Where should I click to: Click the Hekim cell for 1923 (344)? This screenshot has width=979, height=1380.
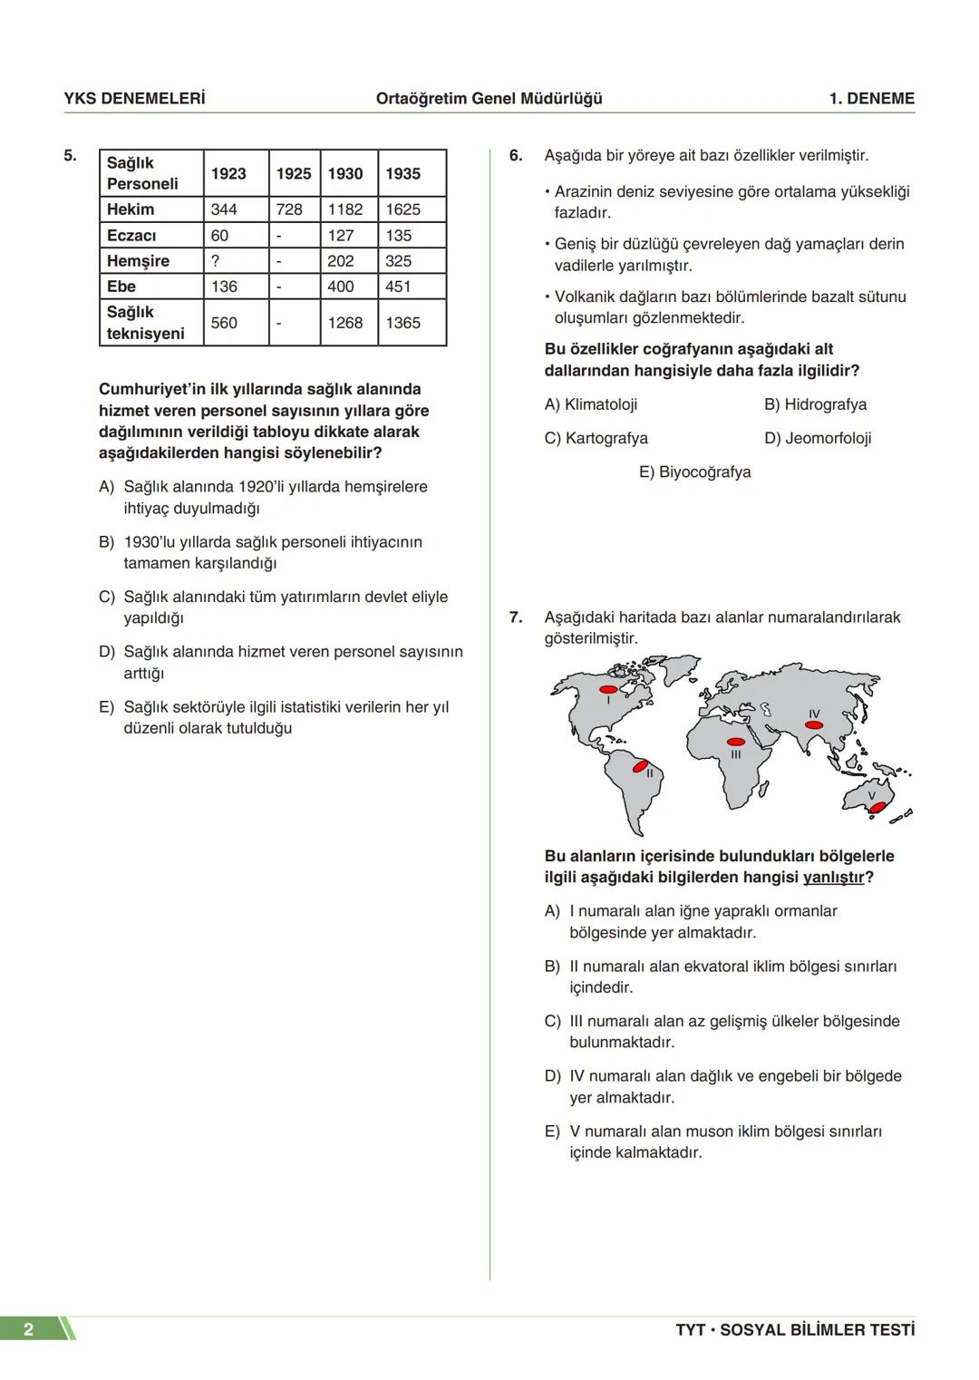[x=224, y=209]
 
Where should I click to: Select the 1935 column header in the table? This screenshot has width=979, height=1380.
[x=402, y=173]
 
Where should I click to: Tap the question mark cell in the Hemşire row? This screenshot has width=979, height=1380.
[x=216, y=261]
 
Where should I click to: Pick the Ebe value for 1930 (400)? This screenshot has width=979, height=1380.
[x=341, y=287]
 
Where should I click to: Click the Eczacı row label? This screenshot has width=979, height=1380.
[x=131, y=236]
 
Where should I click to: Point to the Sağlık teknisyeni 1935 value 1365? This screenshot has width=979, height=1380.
[x=402, y=323]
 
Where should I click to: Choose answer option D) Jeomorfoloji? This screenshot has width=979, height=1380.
[x=818, y=439]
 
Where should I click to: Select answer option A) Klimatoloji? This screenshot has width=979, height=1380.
[x=591, y=404]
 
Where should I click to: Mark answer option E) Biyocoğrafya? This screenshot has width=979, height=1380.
[x=694, y=472]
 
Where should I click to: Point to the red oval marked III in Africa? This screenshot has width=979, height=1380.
[x=736, y=742]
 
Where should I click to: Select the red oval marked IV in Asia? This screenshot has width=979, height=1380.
[x=814, y=724]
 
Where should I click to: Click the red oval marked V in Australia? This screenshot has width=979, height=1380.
[x=877, y=807]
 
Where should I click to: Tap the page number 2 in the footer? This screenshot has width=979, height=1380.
[x=28, y=1329]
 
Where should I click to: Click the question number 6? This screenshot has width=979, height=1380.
[x=516, y=156]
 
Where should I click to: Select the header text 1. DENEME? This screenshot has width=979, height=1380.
[x=871, y=99]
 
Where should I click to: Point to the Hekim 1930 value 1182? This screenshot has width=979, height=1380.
[x=345, y=209]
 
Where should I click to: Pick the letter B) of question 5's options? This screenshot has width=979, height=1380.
[x=107, y=542]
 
